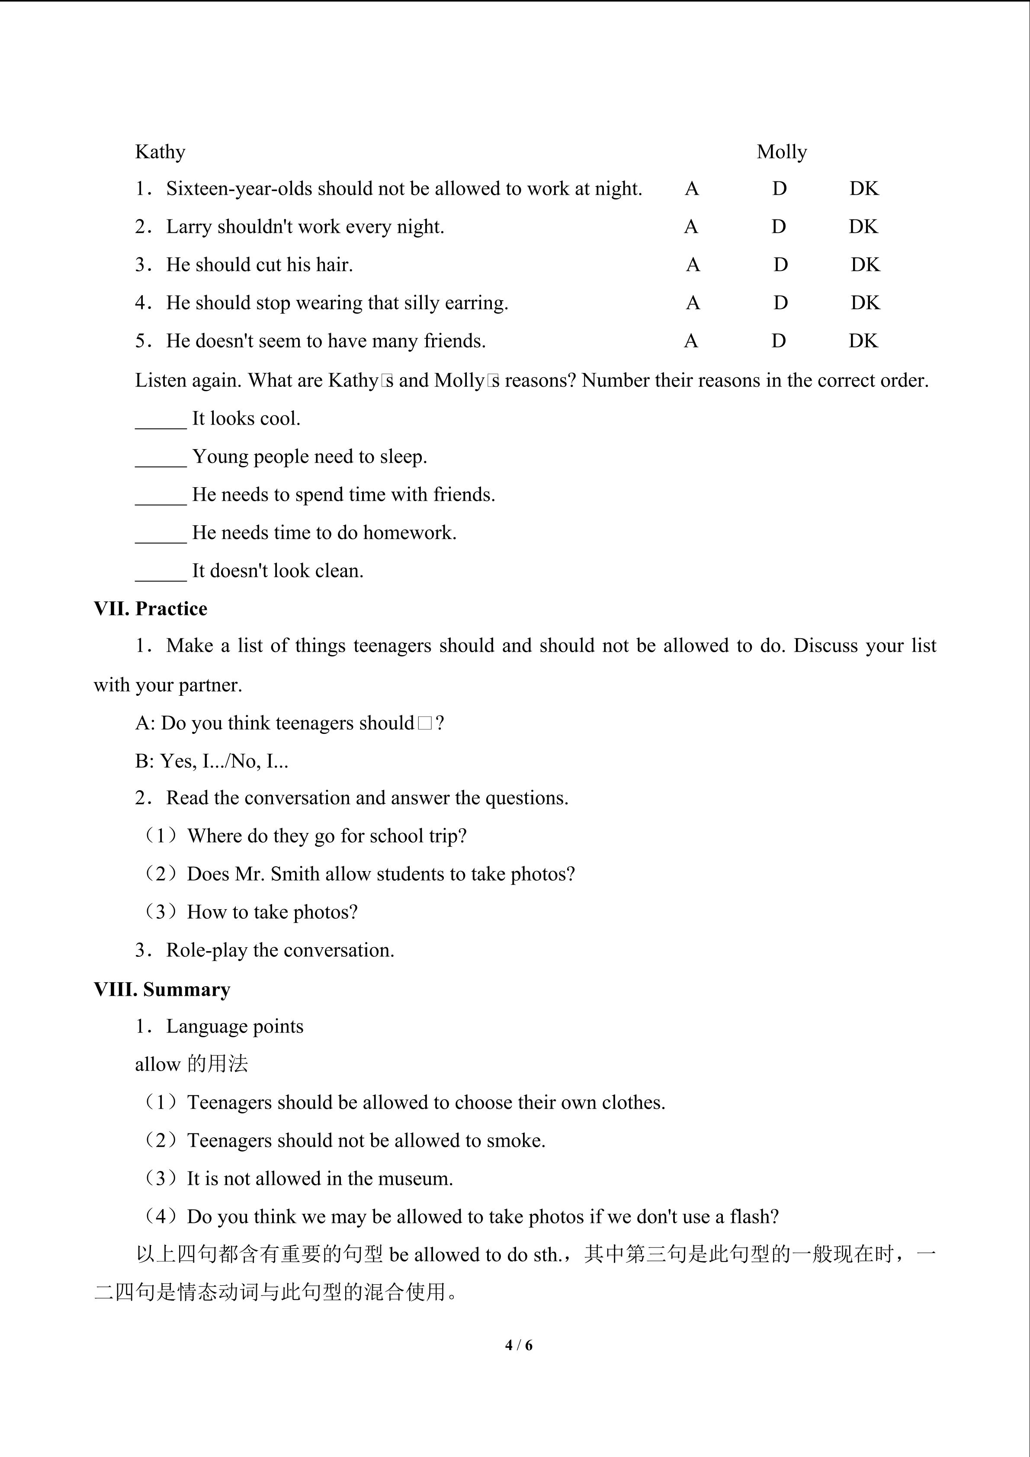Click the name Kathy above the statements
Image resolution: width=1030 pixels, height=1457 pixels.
pyautogui.click(x=160, y=152)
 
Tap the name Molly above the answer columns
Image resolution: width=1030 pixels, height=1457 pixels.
pyautogui.click(x=781, y=152)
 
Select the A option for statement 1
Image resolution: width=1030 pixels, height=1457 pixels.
pyautogui.click(x=691, y=189)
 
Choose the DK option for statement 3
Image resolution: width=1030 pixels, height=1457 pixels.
pyautogui.click(x=865, y=265)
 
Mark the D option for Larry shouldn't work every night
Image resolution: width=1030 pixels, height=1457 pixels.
pyautogui.click(x=778, y=227)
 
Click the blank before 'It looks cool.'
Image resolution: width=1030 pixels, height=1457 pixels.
pyautogui.click(x=160, y=420)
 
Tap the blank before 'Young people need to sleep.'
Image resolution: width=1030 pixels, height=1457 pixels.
pyautogui.click(x=160, y=458)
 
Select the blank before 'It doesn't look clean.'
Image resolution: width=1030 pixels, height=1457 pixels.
pyautogui.click(x=160, y=573)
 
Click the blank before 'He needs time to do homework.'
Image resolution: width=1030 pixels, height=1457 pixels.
pyautogui.click(x=160, y=534)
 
